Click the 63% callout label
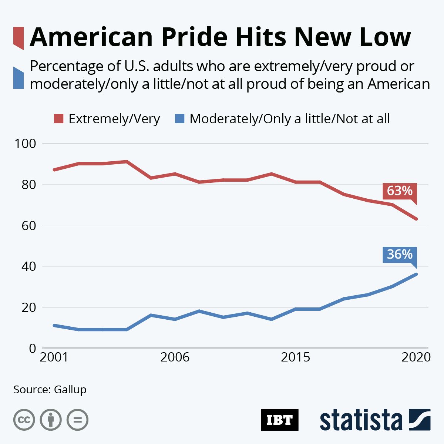[x=400, y=191]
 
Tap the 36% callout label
[x=400, y=255]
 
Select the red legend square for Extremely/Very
[x=59, y=119]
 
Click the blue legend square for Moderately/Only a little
[x=179, y=119]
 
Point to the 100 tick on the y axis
[x=25, y=143]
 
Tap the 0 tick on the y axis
[x=33, y=348]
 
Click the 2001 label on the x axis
[x=54, y=357]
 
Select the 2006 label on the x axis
[x=175, y=357]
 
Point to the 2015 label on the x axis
[x=295, y=357]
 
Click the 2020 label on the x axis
[x=416, y=357]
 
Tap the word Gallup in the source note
[x=70, y=390]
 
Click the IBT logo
[x=279, y=420]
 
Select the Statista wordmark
[x=361, y=420]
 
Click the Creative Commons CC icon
[x=24, y=420]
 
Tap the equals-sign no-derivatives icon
[x=77, y=420]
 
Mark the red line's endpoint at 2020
[x=416, y=219]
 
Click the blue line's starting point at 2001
[x=54, y=325]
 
